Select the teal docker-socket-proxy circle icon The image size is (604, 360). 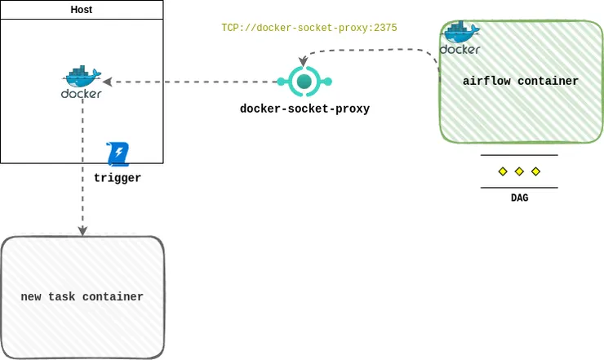coord(304,81)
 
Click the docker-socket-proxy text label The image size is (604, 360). coord(304,109)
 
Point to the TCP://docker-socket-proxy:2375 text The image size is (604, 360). coord(309,28)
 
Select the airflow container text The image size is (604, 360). coord(520,82)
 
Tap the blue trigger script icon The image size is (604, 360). coord(119,153)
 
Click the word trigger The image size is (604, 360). coord(118,177)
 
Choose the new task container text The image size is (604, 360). coord(82,297)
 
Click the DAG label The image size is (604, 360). coord(519,198)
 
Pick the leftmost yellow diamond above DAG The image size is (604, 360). coord(503,171)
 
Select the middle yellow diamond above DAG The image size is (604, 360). coord(519,171)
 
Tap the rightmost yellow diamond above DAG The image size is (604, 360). coord(535,171)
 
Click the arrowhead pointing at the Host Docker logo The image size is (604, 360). coord(106,82)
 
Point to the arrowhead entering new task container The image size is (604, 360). coord(82,232)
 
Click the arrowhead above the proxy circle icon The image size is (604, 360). coord(303,62)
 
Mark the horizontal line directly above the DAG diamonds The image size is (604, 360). coord(519,155)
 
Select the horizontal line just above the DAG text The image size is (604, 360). coord(519,188)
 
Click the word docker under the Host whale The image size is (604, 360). coord(82,94)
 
